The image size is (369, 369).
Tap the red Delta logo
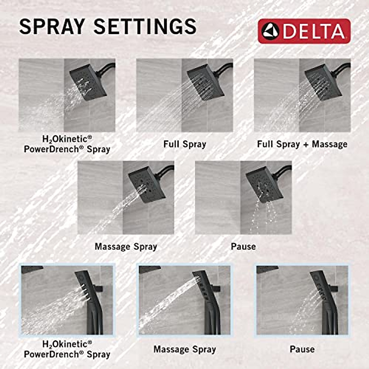click(304, 31)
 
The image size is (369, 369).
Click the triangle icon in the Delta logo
click(270, 31)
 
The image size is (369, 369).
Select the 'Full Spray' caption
click(184, 144)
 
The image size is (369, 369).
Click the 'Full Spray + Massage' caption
click(302, 144)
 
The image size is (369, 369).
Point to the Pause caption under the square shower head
click(243, 246)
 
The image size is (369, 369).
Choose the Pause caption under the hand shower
click(302, 349)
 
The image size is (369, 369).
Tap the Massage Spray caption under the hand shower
click(184, 349)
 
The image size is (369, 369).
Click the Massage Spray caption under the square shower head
click(126, 247)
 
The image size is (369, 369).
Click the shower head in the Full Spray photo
click(205, 83)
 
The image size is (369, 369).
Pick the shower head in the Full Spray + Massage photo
click(323, 82)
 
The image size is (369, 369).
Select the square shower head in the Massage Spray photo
click(147, 184)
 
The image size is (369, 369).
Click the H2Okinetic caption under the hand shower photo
click(67, 349)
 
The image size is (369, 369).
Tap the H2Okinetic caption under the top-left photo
click(67, 144)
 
